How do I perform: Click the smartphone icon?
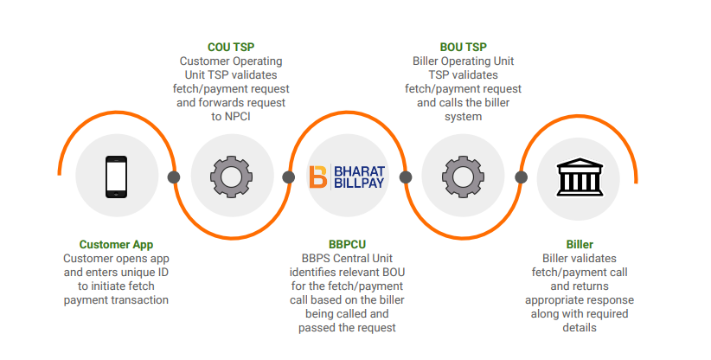116,177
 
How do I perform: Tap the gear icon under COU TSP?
231,177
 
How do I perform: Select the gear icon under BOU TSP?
463,177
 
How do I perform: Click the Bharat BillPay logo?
348,177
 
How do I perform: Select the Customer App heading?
116,245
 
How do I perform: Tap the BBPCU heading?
348,245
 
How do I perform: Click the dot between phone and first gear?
174,177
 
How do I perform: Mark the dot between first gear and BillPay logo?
289,177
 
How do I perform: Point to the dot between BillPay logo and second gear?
405,177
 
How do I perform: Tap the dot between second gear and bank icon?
521,177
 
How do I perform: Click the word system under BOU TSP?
463,116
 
